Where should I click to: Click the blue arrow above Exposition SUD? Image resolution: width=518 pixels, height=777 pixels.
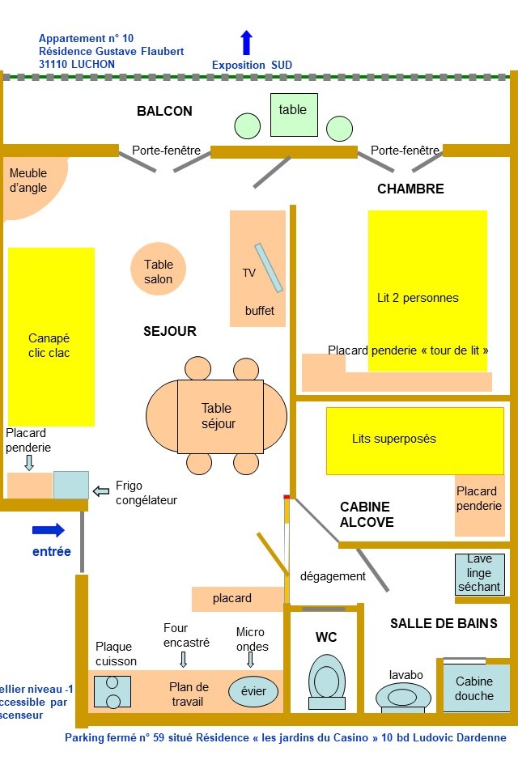point(247,43)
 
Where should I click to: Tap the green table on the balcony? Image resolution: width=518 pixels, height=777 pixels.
point(294,114)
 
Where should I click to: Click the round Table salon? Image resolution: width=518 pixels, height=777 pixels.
point(159,270)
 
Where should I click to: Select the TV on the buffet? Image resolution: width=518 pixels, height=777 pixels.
point(269,268)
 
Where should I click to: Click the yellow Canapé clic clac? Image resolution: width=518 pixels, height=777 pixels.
point(51,336)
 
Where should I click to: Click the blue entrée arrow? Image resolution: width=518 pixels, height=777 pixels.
point(48,530)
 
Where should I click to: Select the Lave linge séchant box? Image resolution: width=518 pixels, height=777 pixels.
point(480,574)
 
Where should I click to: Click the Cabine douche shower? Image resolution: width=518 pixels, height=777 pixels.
point(474,688)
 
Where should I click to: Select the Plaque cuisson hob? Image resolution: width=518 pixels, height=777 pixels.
point(113,691)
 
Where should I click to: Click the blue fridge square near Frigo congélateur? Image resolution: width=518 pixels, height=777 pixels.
point(71,485)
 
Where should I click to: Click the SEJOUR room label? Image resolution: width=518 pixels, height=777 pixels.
point(170,331)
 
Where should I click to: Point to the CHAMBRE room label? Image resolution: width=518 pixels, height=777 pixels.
point(410,189)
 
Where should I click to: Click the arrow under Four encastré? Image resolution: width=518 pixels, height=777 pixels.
point(184,659)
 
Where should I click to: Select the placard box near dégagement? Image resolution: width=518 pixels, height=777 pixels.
point(232,599)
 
